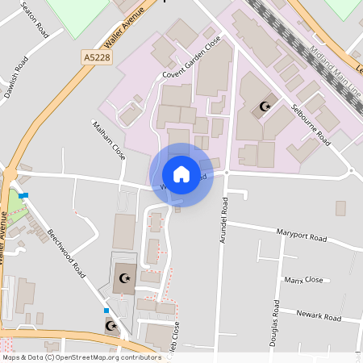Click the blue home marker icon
pos(181,174)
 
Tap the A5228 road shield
pos(96,57)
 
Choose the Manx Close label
pos(303,280)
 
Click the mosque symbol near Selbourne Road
pos(264,106)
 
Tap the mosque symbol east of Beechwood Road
pos(124,277)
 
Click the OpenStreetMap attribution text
pos(81,357)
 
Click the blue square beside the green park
pos(25,195)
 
